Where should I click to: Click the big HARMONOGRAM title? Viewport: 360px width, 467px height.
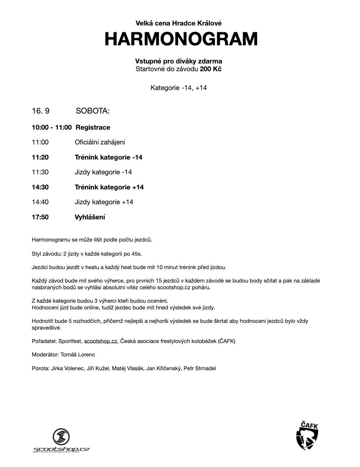pos(181,39)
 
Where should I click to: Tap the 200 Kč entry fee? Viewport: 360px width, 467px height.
pos(211,69)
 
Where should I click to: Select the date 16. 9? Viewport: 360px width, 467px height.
pos(41,111)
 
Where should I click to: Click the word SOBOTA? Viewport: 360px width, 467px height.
pos(93,111)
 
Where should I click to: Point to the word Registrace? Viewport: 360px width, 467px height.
pos(93,127)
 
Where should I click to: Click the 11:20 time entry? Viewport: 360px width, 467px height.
pos(40,157)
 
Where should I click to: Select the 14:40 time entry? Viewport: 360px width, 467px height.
pos(40,202)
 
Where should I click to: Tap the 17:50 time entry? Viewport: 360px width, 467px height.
pos(40,217)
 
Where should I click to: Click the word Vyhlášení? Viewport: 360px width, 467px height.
pos(90,217)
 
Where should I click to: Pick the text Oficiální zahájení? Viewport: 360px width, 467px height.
pos(100,142)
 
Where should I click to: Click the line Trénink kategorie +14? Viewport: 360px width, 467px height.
pos(109,187)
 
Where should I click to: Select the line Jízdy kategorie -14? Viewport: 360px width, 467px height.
pos(103,172)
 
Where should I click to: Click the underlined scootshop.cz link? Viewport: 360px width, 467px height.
pos(101,341)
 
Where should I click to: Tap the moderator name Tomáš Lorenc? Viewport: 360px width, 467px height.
pos(78,355)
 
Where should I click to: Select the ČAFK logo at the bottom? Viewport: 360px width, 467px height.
pos(307,436)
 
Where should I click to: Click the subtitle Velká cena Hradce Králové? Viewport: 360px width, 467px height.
pos(178,23)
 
